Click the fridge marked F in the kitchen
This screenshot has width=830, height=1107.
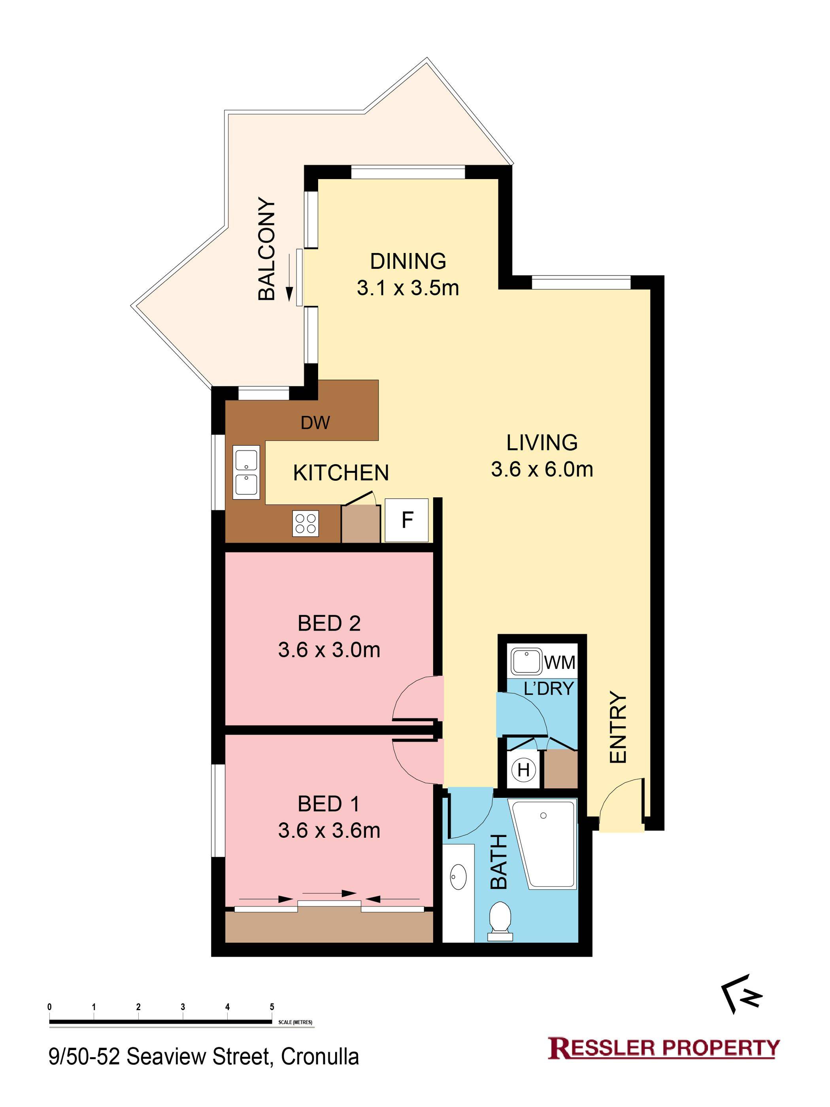406,520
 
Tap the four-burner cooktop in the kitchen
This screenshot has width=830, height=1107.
306,523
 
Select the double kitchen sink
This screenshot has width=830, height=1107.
246,472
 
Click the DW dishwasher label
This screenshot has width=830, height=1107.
315,423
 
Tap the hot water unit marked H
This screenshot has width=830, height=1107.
523,770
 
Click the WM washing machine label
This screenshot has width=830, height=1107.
560,662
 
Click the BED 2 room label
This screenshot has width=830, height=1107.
329,623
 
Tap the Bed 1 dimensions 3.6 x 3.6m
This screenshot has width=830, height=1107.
329,830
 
